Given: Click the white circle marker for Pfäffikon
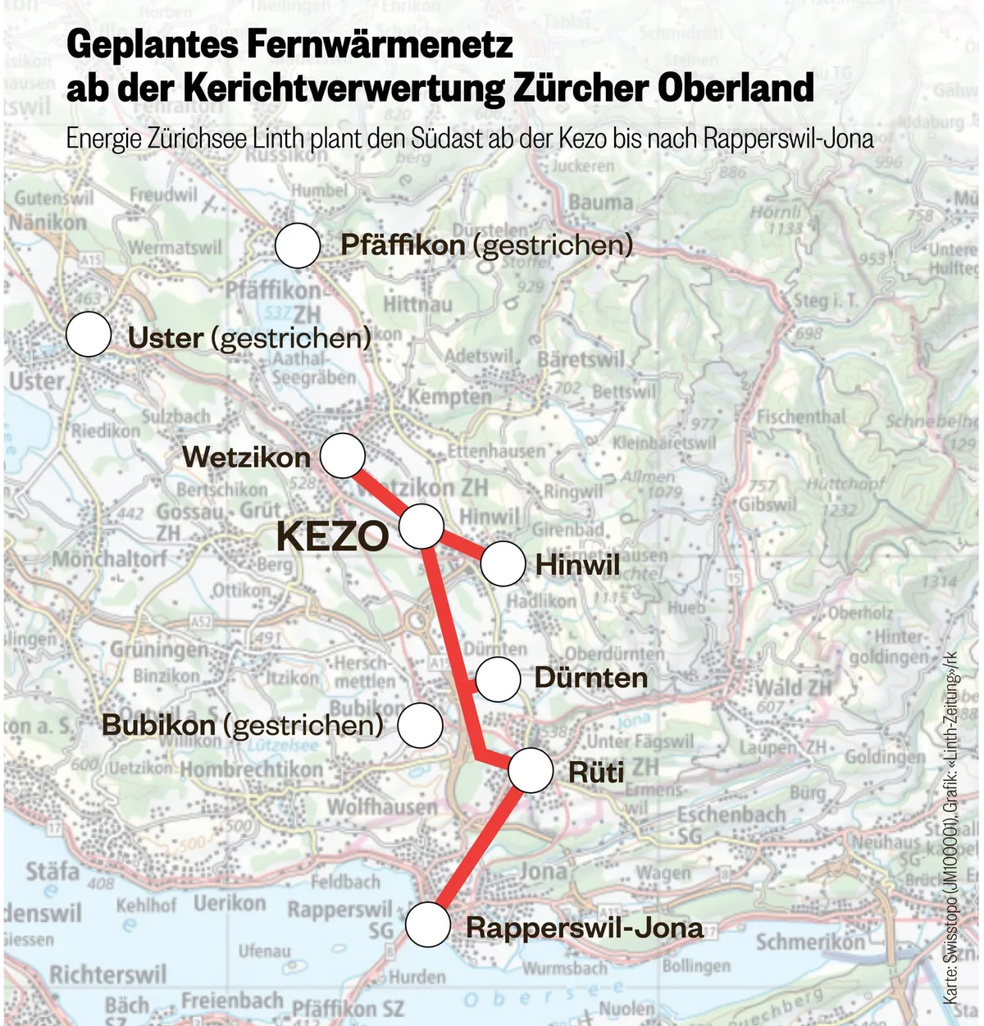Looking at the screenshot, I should (298, 245).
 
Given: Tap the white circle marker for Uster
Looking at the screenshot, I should (89, 335).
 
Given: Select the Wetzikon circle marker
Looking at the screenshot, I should (343, 456).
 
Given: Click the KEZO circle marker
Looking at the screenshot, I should (421, 527).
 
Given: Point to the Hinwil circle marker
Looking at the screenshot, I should (503, 564).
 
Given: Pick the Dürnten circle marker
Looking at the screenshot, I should (498, 678).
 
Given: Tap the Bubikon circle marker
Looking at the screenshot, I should (420, 725).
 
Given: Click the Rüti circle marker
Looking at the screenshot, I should (531, 771).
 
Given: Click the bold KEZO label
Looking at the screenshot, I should (332, 536).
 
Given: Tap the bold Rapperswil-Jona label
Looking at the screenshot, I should (585, 928).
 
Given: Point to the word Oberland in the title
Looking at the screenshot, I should (735, 88).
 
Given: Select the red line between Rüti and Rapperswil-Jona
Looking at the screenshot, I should (480, 848).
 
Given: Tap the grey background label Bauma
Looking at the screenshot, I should (600, 202).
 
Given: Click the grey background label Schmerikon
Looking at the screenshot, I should (810, 942).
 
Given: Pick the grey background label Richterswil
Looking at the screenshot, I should (107, 975).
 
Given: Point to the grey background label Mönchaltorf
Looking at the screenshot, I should (109, 559).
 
